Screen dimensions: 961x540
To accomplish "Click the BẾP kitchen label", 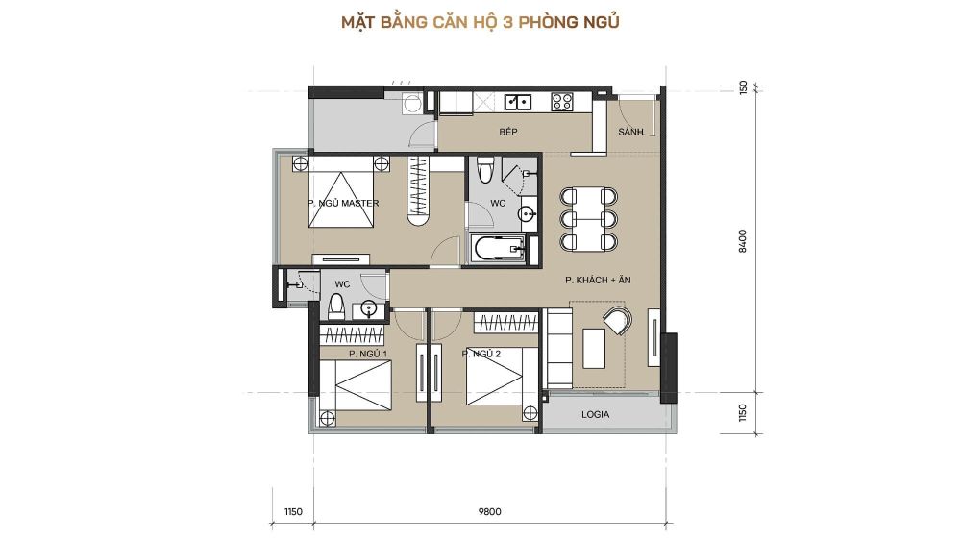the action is coord(508,132).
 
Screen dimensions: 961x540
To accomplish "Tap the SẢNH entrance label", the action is coord(630,132).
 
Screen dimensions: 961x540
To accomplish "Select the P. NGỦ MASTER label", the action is coord(343,203).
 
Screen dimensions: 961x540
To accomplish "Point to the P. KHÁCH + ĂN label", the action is coord(598,280).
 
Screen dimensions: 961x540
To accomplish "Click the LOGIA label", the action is coord(595,414).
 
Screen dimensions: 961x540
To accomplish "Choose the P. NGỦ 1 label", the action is coord(368,354).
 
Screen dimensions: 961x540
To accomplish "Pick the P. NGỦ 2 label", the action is coord(481,354).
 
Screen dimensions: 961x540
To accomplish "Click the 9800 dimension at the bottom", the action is coord(490,512).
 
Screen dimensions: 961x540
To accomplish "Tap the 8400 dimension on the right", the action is coord(743,241).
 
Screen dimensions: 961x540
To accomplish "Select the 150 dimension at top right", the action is coord(743,87).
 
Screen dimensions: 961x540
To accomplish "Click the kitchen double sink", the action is coord(518,102).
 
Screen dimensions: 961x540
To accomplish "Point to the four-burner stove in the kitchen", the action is coord(562,102).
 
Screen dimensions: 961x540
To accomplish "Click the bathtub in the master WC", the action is coord(500,248).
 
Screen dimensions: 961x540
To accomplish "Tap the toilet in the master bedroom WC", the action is coord(485,169).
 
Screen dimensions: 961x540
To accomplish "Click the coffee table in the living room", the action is coord(594,348).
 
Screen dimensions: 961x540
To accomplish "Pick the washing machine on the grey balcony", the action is coord(412,104).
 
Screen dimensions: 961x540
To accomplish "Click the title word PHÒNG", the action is coord(548,22).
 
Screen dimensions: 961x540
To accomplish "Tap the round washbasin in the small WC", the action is coord(369,308).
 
